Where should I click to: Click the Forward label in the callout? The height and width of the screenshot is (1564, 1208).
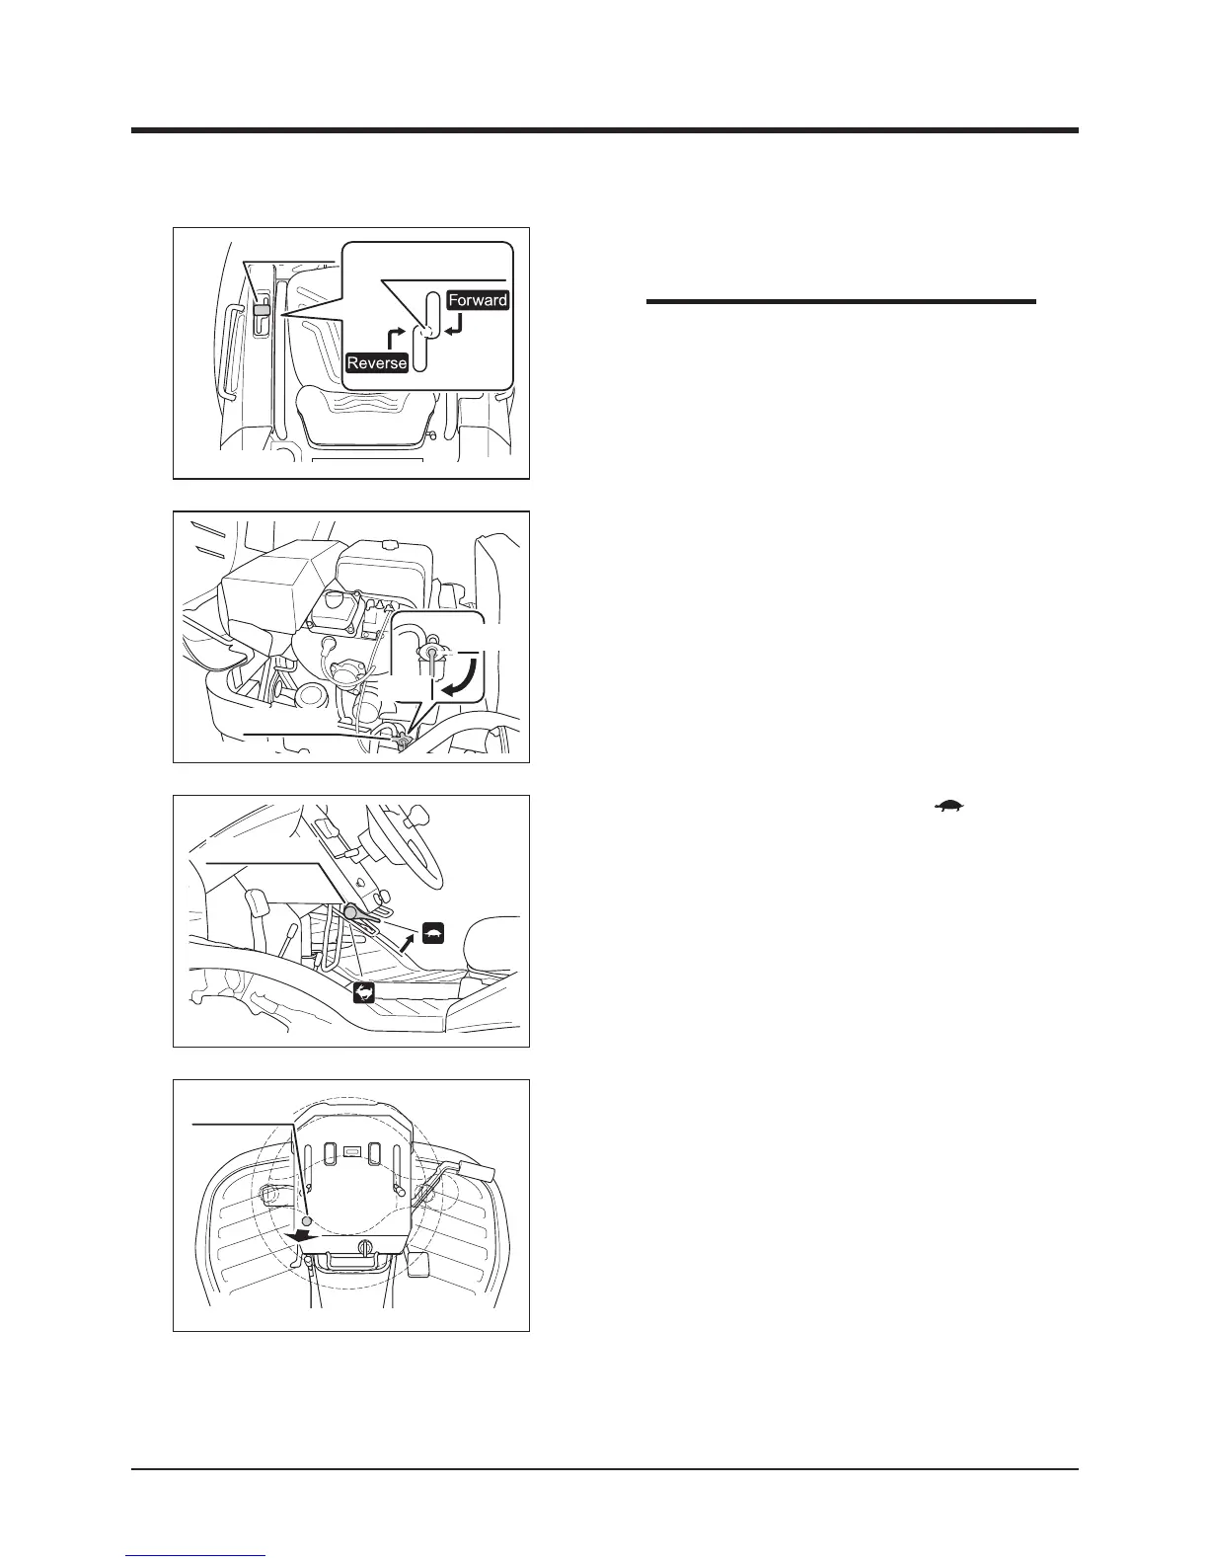click(478, 300)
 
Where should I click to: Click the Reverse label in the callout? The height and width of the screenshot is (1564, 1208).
click(377, 362)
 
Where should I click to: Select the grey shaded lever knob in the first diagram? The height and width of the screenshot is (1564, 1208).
click(261, 310)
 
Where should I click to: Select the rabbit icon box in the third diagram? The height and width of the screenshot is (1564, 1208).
click(364, 995)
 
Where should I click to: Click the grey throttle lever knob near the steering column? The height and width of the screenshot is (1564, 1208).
click(351, 912)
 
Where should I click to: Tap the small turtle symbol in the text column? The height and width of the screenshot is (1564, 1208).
click(949, 808)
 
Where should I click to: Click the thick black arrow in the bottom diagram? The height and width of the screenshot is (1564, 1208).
click(302, 1235)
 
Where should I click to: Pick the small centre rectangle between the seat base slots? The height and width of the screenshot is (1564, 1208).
click(349, 1150)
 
